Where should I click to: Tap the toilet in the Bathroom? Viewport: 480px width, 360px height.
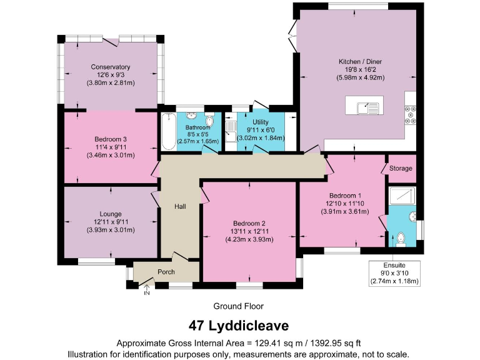(211, 122)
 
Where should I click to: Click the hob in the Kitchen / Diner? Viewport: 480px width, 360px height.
(411, 114)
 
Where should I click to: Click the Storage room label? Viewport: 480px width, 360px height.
(401, 169)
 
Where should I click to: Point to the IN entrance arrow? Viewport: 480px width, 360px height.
(147, 289)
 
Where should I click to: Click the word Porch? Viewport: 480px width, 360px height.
(166, 272)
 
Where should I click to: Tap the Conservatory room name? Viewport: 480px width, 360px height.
(110, 67)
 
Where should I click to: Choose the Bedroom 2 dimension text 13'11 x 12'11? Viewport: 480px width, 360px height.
(250, 232)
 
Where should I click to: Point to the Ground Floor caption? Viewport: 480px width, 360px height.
(238, 306)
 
